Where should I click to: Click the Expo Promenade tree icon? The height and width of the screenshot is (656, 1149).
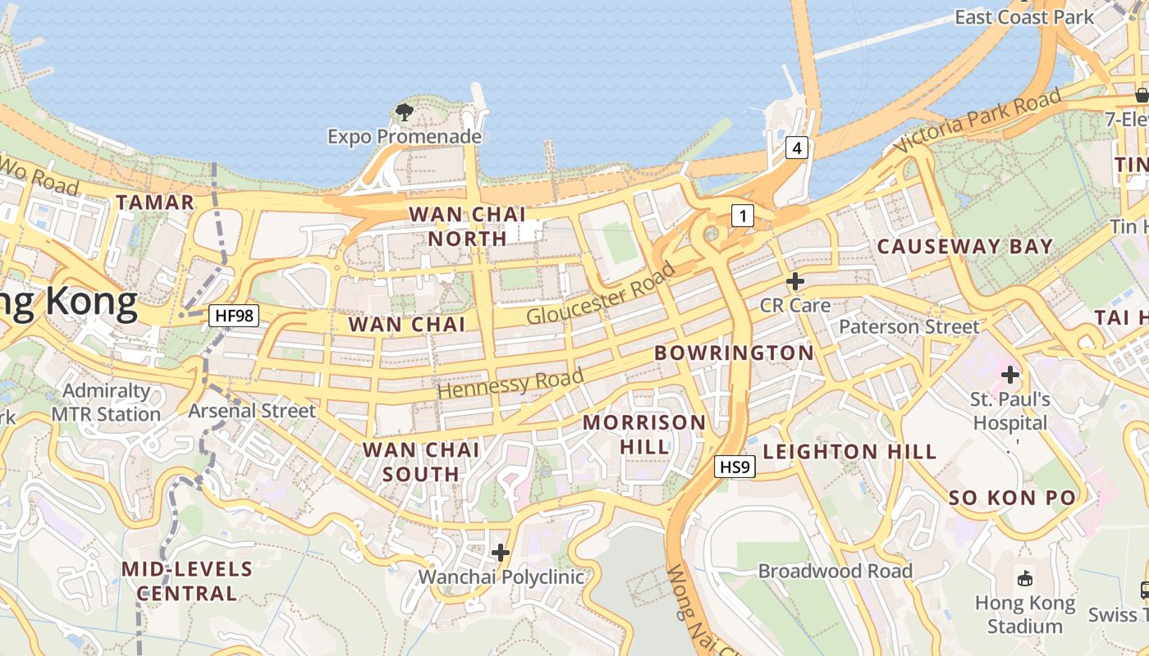pyautogui.click(x=404, y=112)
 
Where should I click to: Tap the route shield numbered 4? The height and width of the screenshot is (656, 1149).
pyautogui.click(x=796, y=148)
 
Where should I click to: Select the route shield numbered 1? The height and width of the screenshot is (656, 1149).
pyautogui.click(x=742, y=216)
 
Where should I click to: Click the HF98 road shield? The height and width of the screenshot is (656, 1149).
pyautogui.click(x=234, y=315)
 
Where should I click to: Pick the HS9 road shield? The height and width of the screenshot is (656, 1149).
pyautogui.click(x=735, y=467)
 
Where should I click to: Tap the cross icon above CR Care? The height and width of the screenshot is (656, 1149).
pyautogui.click(x=794, y=282)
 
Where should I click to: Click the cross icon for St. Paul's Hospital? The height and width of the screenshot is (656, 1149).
pyautogui.click(x=1009, y=376)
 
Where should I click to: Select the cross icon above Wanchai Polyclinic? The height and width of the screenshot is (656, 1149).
pyautogui.click(x=500, y=553)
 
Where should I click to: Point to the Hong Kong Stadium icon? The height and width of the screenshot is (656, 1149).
pyautogui.click(x=1024, y=578)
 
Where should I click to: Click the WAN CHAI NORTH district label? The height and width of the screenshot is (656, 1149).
pyautogui.click(x=467, y=226)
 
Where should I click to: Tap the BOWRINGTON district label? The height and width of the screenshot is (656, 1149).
pyautogui.click(x=734, y=353)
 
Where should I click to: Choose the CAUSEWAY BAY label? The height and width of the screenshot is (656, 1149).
pyautogui.click(x=964, y=246)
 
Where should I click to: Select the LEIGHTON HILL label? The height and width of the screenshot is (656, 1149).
pyautogui.click(x=849, y=452)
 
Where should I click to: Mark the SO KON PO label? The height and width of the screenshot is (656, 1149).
pyautogui.click(x=1011, y=498)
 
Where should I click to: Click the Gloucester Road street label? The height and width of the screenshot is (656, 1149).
pyautogui.click(x=601, y=294)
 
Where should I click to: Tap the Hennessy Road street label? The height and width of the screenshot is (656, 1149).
pyautogui.click(x=510, y=384)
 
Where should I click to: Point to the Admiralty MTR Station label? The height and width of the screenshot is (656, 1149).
pyautogui.click(x=106, y=403)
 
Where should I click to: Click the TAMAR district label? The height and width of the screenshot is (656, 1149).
pyautogui.click(x=155, y=203)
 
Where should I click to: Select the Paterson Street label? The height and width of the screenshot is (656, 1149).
pyautogui.click(x=909, y=326)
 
